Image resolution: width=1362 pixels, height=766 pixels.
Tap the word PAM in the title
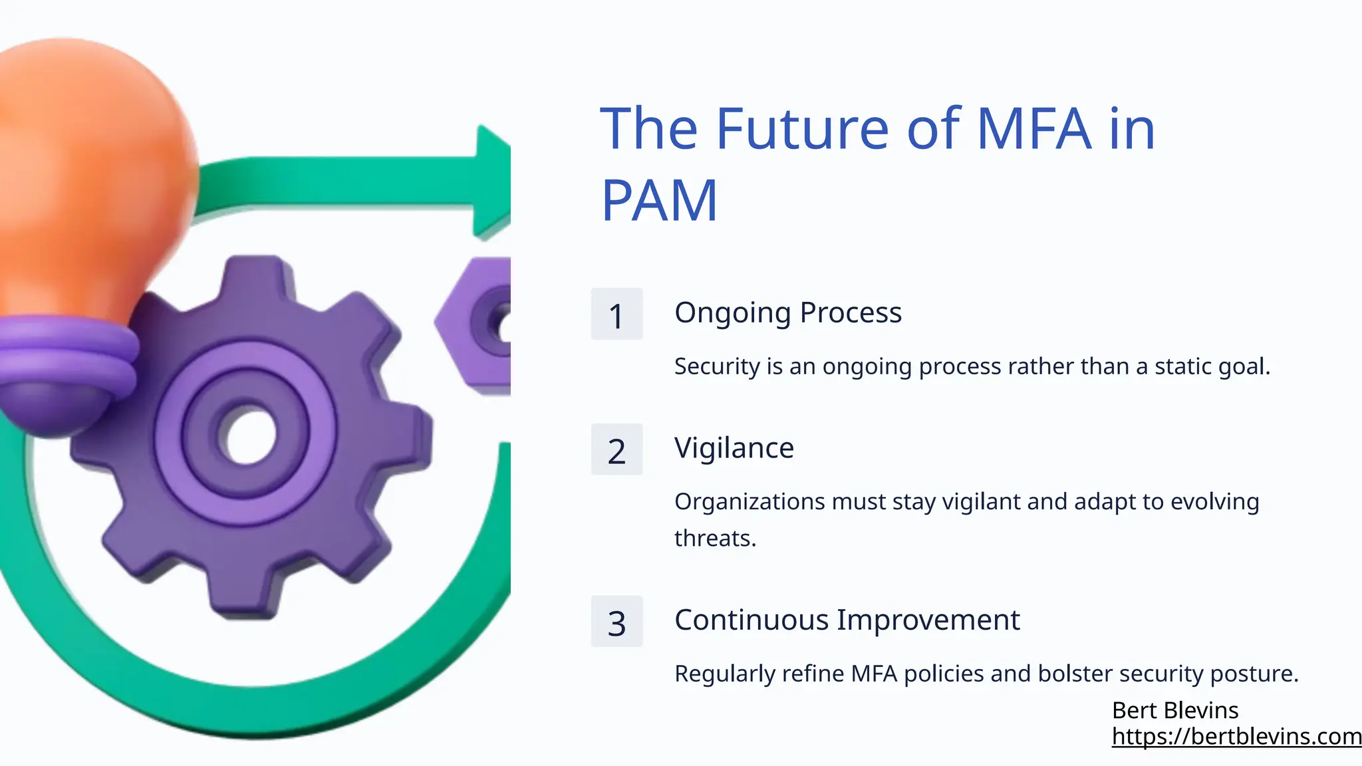pyautogui.click(x=659, y=200)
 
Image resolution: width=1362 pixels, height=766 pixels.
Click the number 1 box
pyautogui.click(x=616, y=315)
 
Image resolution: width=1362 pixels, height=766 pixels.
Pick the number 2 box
pyautogui.click(x=616, y=450)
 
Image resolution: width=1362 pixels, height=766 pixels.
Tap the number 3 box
pyautogui.click(x=616, y=622)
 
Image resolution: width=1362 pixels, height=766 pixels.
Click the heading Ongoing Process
pyautogui.click(x=787, y=313)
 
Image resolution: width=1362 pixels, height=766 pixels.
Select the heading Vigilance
pyautogui.click(x=734, y=448)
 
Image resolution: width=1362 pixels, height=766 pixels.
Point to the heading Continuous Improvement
pyautogui.click(x=847, y=620)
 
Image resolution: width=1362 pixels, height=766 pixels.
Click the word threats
pyautogui.click(x=715, y=538)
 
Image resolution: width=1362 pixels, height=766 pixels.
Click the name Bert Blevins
pyautogui.click(x=1174, y=710)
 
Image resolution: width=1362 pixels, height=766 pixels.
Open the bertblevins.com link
pyautogui.click(x=1236, y=736)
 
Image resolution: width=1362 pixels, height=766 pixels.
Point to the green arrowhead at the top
pyautogui.click(x=491, y=180)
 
